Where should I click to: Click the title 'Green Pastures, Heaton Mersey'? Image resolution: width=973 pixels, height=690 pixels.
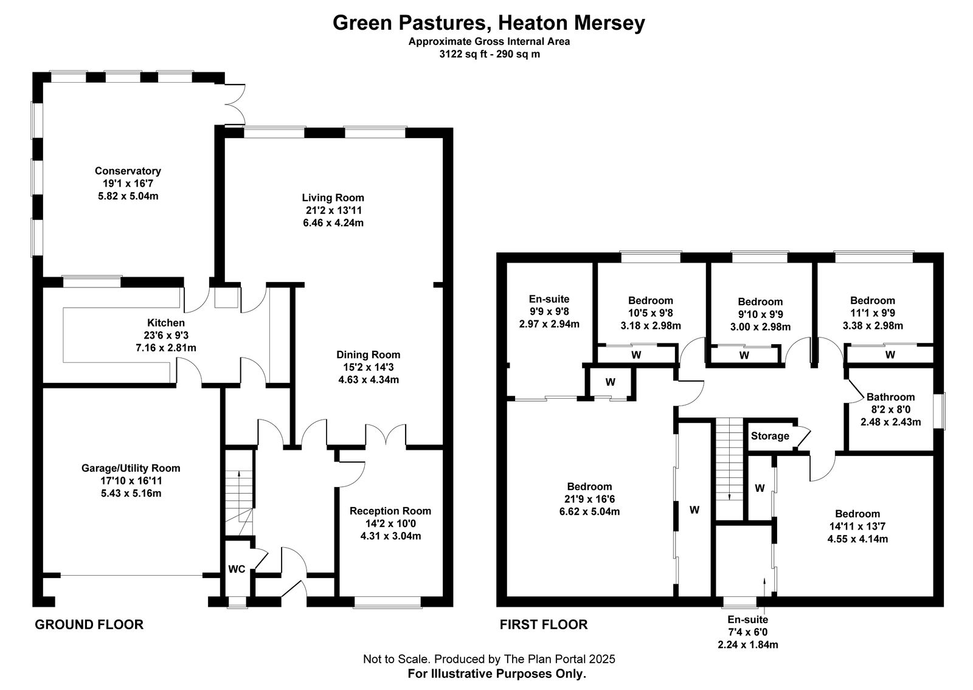489,23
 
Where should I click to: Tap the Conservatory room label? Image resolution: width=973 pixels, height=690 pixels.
128,171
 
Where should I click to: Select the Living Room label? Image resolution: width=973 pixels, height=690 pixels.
333,198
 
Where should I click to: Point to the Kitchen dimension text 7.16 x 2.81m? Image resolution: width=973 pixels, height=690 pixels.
166,348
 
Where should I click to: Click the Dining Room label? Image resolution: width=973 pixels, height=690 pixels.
369,355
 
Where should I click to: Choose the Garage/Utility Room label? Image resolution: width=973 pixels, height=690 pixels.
131,469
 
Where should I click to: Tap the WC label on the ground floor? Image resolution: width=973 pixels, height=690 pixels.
237,569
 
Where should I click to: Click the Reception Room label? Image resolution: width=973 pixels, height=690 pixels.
390,511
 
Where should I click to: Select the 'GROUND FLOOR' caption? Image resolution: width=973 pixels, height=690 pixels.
89,625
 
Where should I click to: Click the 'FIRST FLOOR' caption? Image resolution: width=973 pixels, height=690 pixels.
544,625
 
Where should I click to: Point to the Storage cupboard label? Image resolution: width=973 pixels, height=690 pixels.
770,436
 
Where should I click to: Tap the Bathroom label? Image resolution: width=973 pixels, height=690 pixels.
890,398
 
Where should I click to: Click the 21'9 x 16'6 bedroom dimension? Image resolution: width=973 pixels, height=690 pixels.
589,499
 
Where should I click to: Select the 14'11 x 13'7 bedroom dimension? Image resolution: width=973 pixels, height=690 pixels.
857,526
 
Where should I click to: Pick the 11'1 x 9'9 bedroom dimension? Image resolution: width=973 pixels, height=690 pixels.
873,313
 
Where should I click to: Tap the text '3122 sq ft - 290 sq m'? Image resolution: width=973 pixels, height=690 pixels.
490,54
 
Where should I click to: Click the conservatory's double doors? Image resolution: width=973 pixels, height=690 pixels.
235,104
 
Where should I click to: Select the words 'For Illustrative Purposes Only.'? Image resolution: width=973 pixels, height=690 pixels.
497,674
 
